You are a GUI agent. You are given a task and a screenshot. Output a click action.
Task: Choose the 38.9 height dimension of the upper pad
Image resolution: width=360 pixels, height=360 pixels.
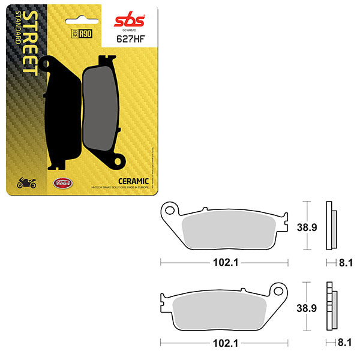click(x=307, y=227)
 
